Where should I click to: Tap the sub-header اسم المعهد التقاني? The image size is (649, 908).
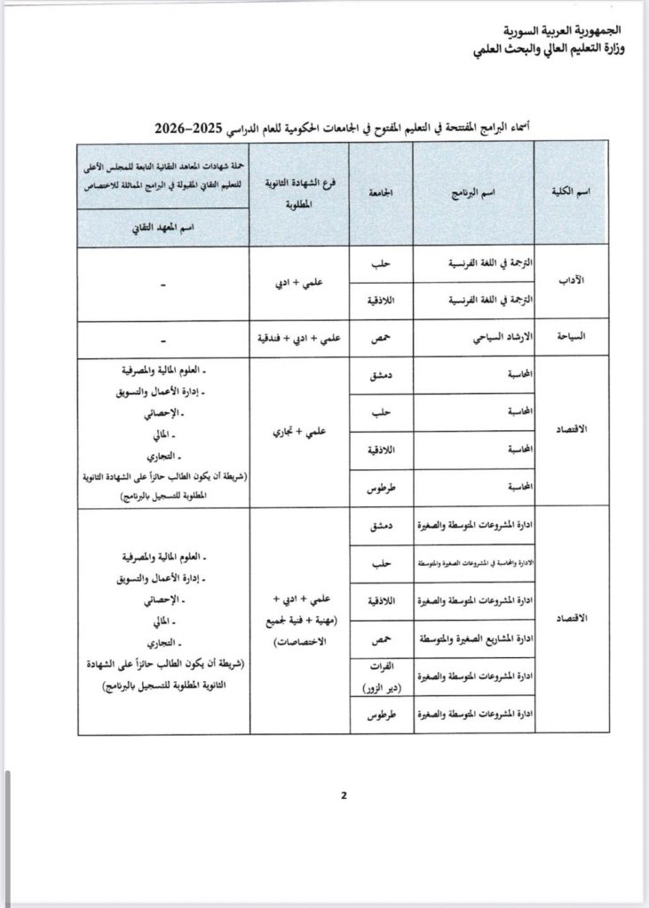click(162, 227)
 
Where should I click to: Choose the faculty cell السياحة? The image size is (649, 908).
click(573, 339)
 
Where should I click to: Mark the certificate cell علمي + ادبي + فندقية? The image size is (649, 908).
click(300, 339)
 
